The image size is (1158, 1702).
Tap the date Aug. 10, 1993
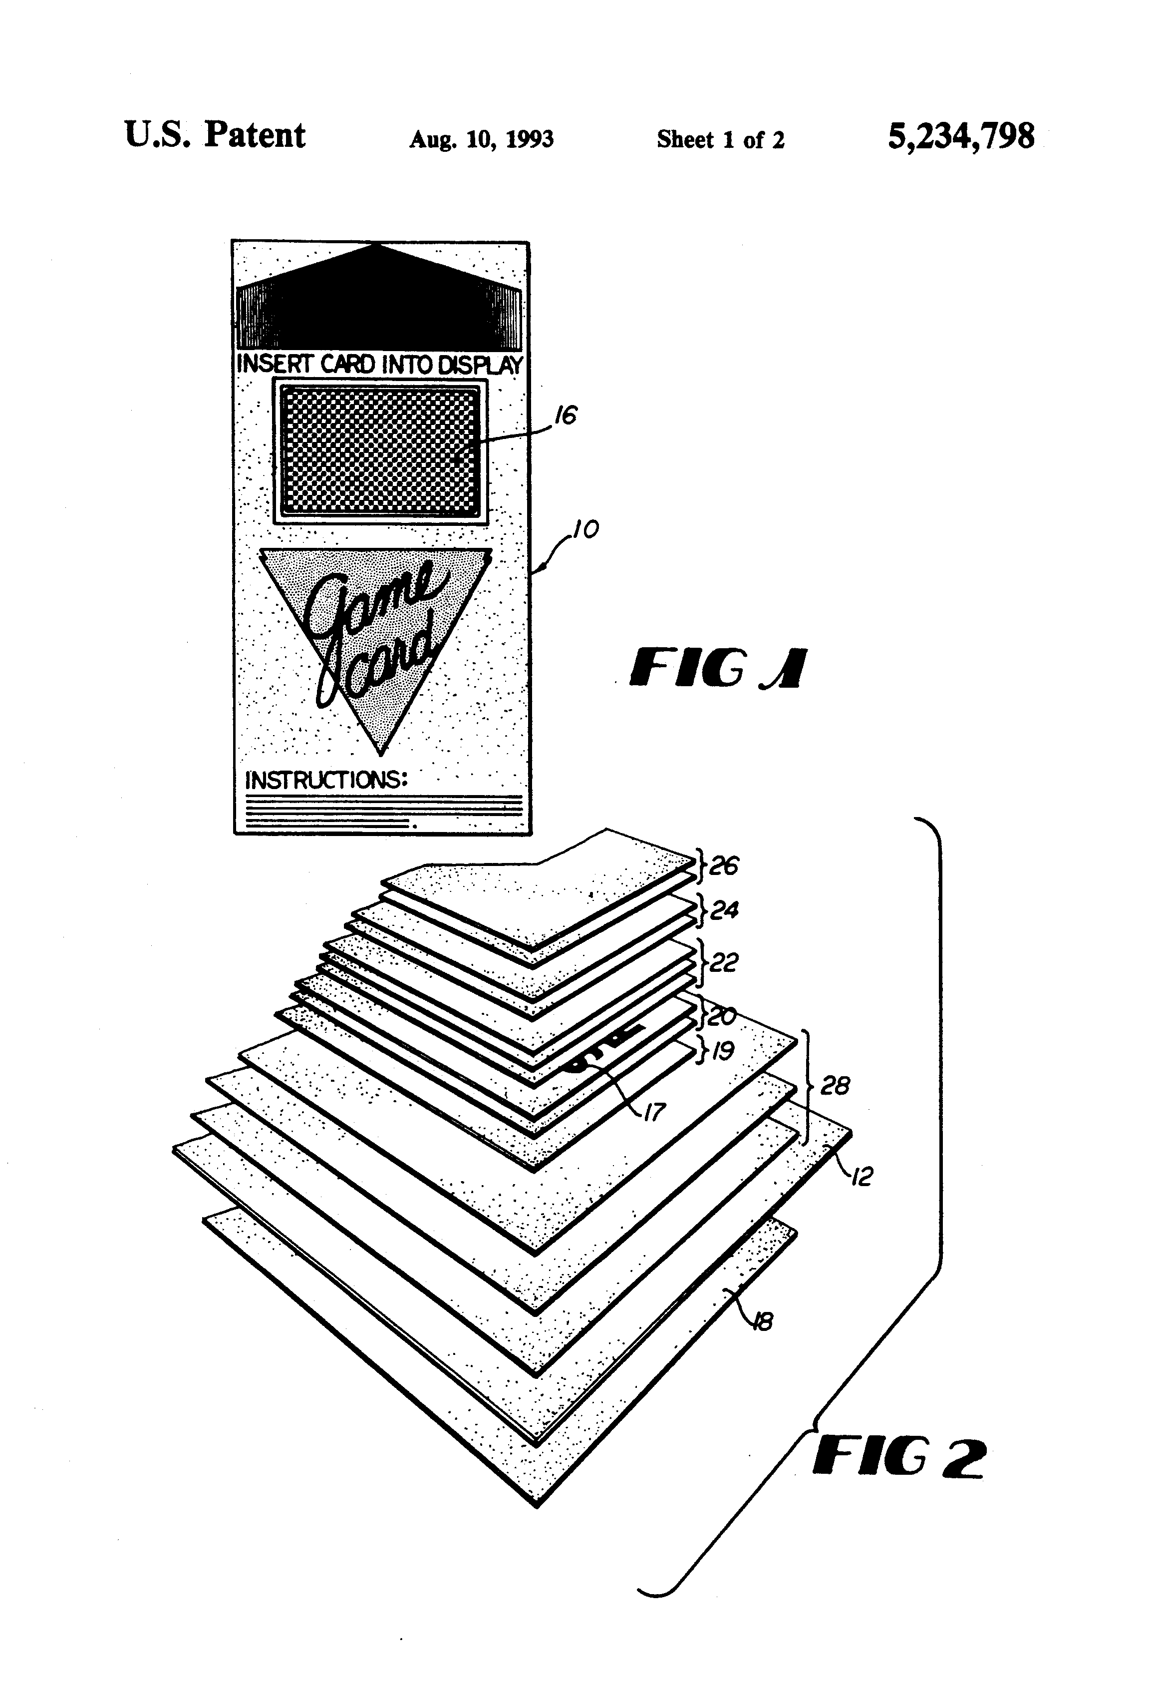(x=481, y=139)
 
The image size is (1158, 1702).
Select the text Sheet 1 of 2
(x=720, y=139)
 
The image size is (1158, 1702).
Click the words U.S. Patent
(x=215, y=135)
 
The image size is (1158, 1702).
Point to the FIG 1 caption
(x=717, y=668)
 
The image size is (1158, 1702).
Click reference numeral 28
(x=835, y=1085)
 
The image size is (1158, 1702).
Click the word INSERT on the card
(x=273, y=364)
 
